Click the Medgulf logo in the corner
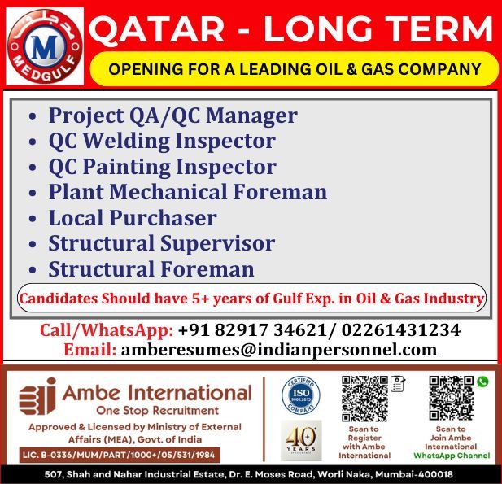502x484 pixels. click(x=45, y=46)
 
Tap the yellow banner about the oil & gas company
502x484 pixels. click(x=294, y=69)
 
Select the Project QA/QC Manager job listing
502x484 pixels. click(x=172, y=116)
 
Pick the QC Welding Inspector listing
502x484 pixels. click(x=162, y=141)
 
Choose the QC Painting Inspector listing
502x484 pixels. click(x=162, y=167)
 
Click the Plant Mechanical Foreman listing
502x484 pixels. click(x=187, y=192)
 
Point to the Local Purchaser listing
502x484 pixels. click(x=132, y=218)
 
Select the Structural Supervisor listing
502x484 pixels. click(x=161, y=243)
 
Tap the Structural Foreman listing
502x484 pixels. click(x=151, y=269)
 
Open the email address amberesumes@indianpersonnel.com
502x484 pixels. click(x=279, y=350)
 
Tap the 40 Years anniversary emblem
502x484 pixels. click(x=301, y=440)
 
